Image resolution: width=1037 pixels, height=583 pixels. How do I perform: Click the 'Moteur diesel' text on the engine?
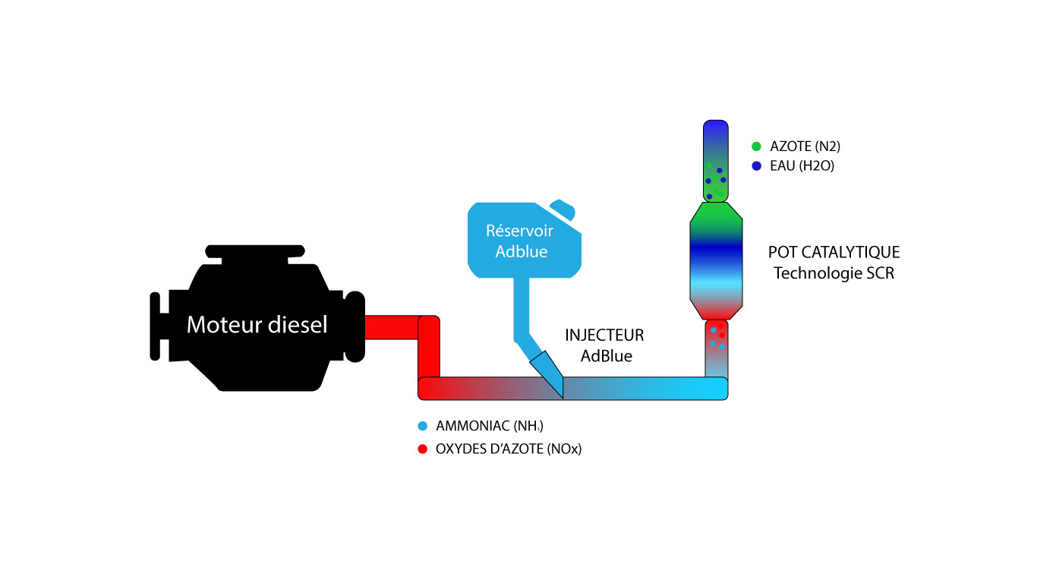(257, 326)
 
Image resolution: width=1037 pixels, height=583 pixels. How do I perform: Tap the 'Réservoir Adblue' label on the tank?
(521, 241)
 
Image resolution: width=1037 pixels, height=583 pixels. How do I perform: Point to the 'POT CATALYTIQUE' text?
(834, 252)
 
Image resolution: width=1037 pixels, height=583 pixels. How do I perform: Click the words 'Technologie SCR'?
(834, 273)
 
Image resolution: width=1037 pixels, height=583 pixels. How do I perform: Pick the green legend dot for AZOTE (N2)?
(756, 147)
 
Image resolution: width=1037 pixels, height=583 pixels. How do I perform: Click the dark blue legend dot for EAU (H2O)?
(756, 166)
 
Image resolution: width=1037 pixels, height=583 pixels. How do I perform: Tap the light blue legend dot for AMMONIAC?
(422, 426)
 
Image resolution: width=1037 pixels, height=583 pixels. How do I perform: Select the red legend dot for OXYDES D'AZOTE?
(422, 449)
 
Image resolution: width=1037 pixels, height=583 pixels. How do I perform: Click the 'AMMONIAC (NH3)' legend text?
(490, 426)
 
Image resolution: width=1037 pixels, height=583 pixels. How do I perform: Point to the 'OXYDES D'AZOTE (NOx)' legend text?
(509, 449)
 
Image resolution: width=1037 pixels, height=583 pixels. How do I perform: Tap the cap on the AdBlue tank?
(563, 209)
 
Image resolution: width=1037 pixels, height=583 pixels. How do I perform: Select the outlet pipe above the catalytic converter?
(716, 160)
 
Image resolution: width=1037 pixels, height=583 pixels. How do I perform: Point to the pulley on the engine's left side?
(156, 326)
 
